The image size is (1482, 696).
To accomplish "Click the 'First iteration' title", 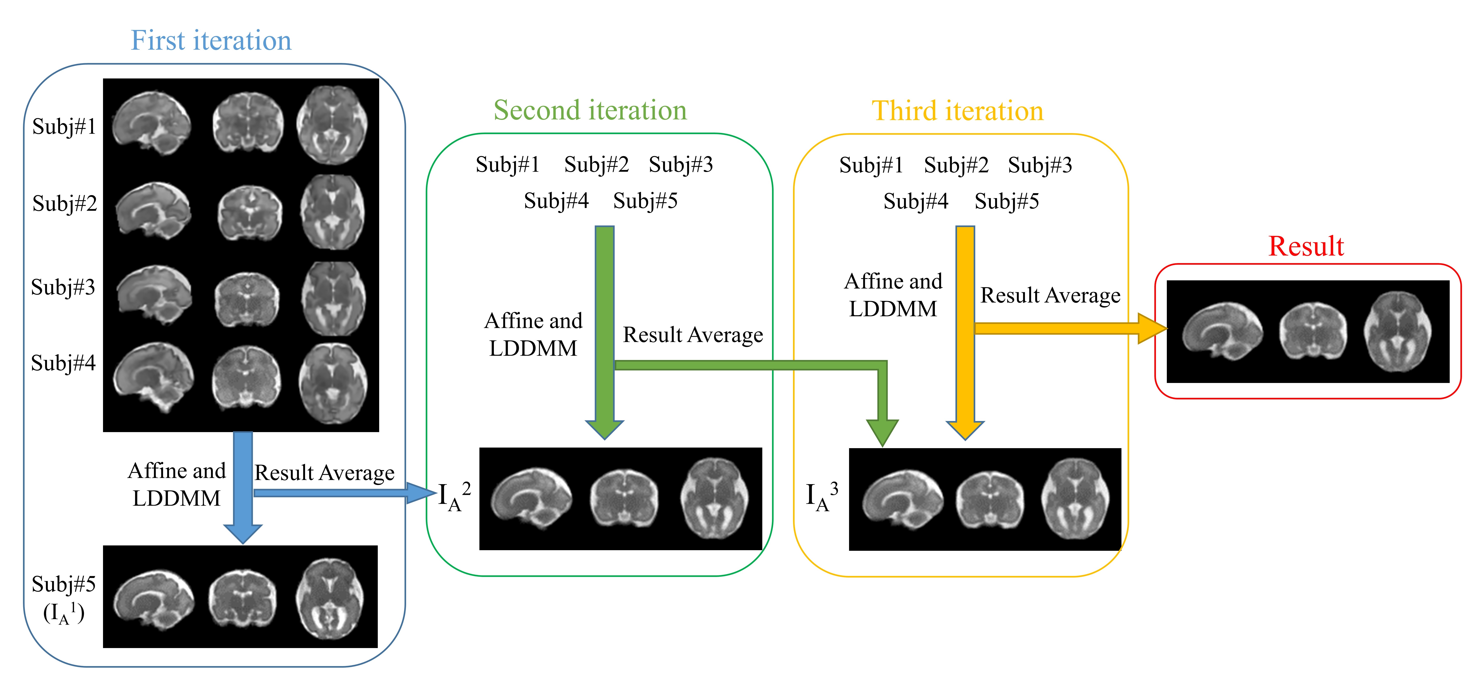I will coord(211,40).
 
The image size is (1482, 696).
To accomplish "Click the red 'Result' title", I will coord(1306,246).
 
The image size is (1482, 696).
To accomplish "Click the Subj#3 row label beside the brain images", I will coord(63,286).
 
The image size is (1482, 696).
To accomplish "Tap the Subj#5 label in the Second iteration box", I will coord(645,201).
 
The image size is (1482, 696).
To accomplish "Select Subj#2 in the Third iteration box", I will coord(956,165).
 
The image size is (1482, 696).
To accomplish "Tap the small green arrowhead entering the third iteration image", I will coord(882,432).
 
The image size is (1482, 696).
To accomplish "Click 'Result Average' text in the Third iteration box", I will coord(1050,295).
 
